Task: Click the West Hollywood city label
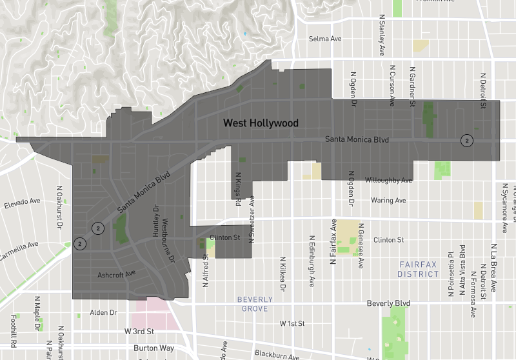pyautogui.click(x=261, y=123)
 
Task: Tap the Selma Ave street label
pyautogui.click(x=325, y=39)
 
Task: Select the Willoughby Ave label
pyautogui.click(x=388, y=180)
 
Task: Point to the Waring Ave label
pyautogui.click(x=388, y=201)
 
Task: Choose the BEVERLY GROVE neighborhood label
pyautogui.click(x=255, y=304)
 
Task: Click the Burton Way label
pyautogui.click(x=154, y=348)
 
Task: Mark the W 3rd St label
pyautogui.click(x=139, y=332)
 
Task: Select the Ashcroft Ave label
pyautogui.click(x=117, y=274)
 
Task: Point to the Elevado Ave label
pyautogui.click(x=22, y=203)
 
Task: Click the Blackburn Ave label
pyautogui.click(x=277, y=355)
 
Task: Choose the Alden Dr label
pyautogui.click(x=103, y=312)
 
